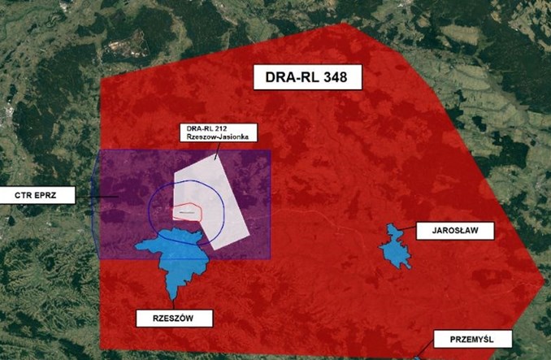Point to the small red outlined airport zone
click(187, 210)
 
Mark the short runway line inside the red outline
click(188, 212)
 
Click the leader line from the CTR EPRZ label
click(88, 195)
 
